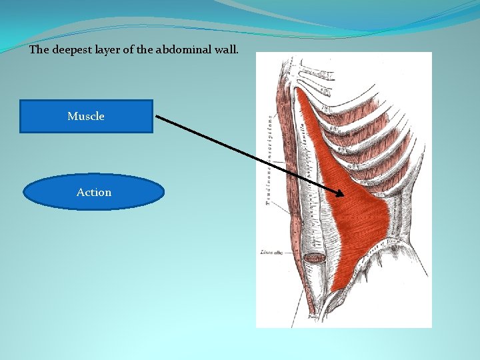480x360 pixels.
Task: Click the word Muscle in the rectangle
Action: click(86, 116)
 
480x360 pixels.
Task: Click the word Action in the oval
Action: click(94, 192)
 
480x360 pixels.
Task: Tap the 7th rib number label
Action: click(326, 106)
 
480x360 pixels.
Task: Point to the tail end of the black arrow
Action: click(157, 116)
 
